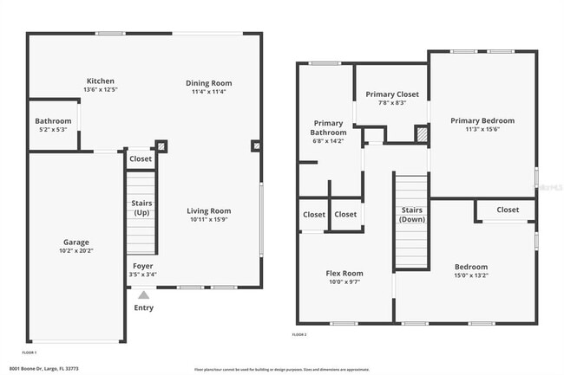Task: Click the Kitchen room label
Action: tap(100, 81)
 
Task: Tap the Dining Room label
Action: tap(209, 83)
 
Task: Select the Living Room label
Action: tap(209, 210)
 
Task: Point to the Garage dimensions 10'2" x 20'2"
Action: tap(75, 252)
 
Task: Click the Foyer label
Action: tap(142, 266)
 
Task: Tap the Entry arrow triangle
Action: tap(143, 294)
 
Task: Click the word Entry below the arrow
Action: tap(143, 307)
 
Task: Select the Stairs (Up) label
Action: tap(141, 207)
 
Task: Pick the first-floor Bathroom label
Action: tap(53, 120)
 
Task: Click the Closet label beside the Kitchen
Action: tap(141, 158)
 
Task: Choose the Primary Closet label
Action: tap(392, 94)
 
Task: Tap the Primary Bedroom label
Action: tap(482, 120)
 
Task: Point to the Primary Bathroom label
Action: tap(328, 128)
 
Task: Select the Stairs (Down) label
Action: tap(411, 215)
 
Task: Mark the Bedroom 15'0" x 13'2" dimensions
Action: tap(471, 276)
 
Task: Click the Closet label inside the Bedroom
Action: tap(508, 210)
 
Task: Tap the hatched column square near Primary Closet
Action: tap(422, 134)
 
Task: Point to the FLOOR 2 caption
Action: tap(299, 334)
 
